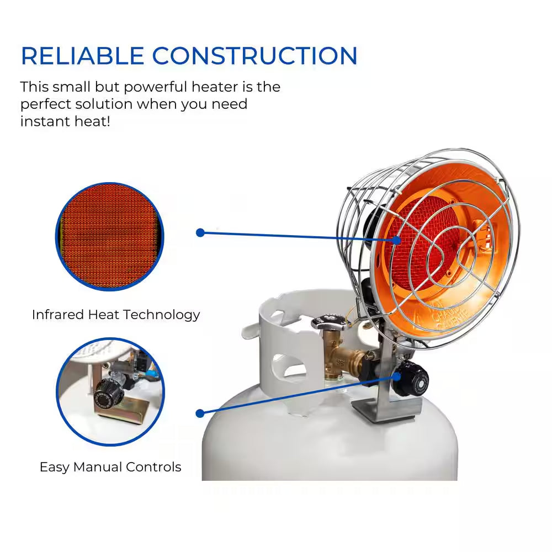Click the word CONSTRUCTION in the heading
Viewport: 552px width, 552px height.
(254, 56)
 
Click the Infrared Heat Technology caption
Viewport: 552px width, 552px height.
(116, 315)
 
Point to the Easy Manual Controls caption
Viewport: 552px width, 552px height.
(110, 467)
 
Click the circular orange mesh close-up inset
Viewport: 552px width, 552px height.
(110, 236)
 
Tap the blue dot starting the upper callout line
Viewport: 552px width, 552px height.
(200, 233)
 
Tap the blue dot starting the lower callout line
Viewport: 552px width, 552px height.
(200, 413)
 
